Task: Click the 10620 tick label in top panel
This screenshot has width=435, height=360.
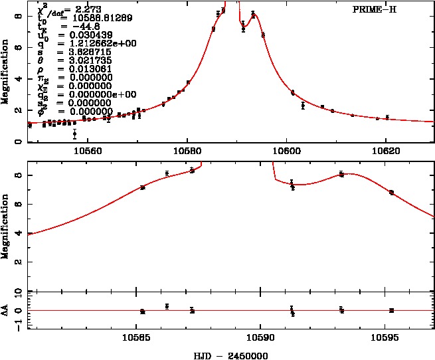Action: point(386,151)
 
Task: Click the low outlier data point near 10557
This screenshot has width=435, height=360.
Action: point(74,134)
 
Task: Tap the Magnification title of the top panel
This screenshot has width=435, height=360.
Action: point(6,72)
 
